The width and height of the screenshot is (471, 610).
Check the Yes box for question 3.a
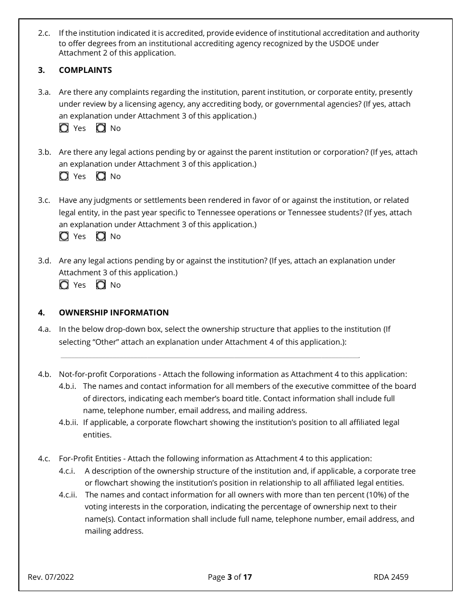coord(64,128)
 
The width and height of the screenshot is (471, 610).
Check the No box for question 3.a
coord(101,128)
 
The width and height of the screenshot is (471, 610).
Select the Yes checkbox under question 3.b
coord(64,177)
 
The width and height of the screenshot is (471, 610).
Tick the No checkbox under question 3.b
coord(101,177)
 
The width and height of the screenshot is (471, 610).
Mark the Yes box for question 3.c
coord(64,237)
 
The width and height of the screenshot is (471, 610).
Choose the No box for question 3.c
coord(101,237)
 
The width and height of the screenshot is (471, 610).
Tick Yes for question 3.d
coord(64,285)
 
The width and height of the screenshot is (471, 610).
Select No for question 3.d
coord(101,285)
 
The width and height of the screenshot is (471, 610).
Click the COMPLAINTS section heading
coord(85,70)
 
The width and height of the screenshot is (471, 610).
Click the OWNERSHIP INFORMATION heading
coord(114,313)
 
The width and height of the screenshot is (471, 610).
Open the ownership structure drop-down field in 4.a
coord(209,353)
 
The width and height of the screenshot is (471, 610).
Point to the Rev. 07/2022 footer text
coord(51,577)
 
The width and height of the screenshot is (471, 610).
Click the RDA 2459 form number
coord(391,577)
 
